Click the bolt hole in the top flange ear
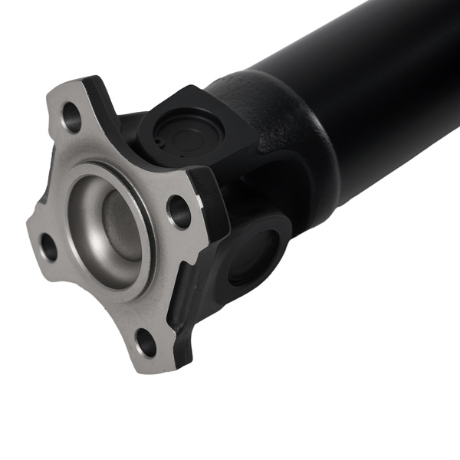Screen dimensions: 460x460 (x=71, y=117)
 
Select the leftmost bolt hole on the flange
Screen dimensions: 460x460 (x=48, y=246)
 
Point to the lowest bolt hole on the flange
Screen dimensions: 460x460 (x=146, y=342)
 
